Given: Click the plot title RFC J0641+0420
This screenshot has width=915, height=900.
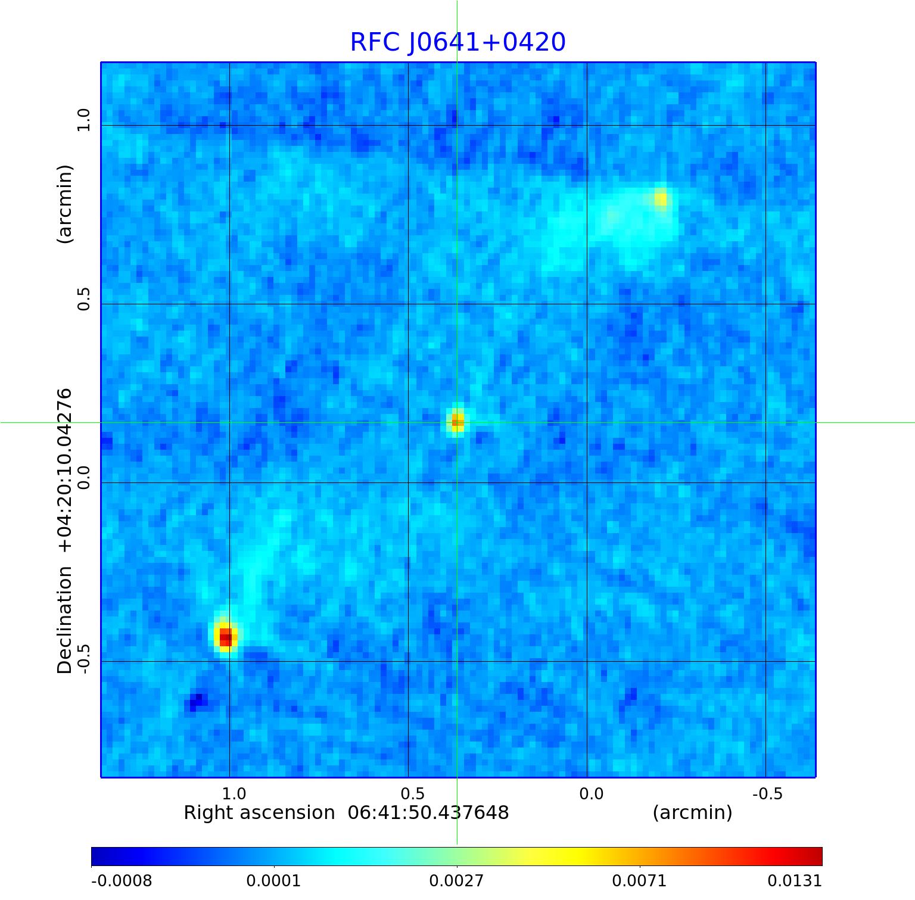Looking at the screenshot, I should [457, 42].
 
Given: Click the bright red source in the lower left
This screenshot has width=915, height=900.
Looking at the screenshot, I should [226, 637].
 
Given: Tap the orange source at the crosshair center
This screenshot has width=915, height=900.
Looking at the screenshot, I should [457, 422].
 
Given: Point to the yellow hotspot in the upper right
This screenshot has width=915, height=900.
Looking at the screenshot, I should [661, 199].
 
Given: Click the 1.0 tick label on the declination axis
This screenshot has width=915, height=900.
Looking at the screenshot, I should [83, 120].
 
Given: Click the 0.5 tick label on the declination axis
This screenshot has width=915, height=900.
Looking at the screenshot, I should [83, 298].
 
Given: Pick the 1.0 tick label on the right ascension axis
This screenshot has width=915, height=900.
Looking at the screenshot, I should [234, 794].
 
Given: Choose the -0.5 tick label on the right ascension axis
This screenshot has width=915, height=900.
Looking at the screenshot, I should [767, 794].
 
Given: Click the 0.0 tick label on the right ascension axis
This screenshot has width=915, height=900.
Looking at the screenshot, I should [591, 794].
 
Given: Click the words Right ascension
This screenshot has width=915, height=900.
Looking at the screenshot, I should [259, 813].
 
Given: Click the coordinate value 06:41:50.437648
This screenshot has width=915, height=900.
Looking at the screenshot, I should [428, 813].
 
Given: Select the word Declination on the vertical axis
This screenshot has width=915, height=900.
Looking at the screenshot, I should [64, 620].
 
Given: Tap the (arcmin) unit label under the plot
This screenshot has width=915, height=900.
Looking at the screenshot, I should [692, 813].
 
